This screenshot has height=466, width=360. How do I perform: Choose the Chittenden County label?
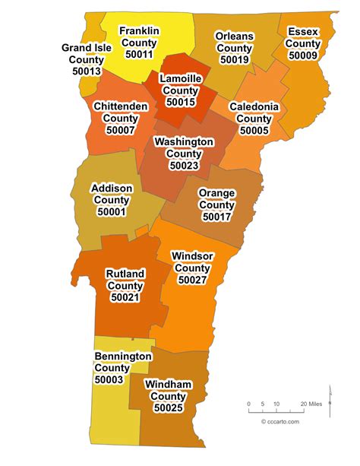pos(120,113)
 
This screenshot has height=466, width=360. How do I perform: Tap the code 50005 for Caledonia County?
pos(254,130)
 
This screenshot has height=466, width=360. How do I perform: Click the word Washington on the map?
pos(184,141)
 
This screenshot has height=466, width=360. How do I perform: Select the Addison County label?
pos(112,200)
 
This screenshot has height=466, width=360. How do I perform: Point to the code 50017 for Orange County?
pos(216,217)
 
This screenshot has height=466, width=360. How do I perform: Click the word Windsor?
pos(193,255)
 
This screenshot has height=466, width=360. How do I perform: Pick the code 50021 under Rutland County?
pos(125,297)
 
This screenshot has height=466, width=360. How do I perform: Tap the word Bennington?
pos(123,356)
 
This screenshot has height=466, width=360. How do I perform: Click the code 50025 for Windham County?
pos(168,408)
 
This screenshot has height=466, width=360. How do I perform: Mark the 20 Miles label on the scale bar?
pos(311,403)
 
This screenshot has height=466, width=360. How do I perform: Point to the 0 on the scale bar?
pos(249,403)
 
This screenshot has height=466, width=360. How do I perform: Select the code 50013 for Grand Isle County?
pos(86,71)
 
